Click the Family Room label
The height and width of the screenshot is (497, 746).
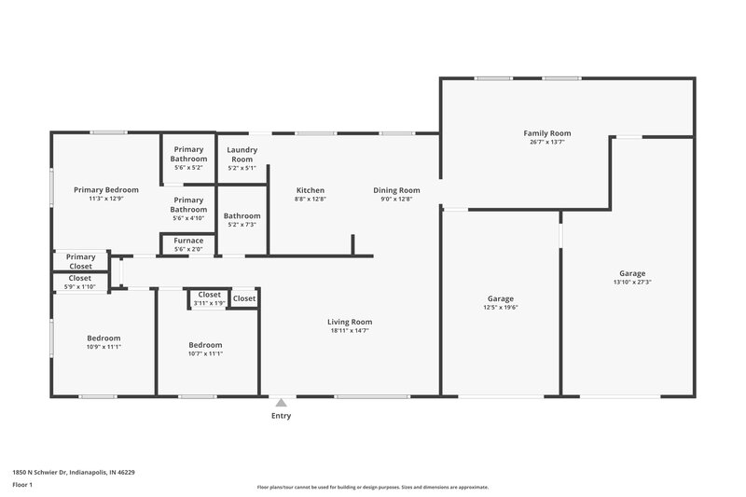(546, 133)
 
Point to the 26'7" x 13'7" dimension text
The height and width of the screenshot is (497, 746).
(546, 142)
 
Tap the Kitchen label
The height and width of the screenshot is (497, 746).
(311, 190)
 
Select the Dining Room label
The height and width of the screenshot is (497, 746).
(396, 190)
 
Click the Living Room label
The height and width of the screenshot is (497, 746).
(351, 322)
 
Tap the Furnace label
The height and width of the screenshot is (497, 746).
(188, 241)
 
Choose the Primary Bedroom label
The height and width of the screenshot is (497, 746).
(106, 190)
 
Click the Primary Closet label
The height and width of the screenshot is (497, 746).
(80, 261)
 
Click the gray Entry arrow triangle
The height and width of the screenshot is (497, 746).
(281, 403)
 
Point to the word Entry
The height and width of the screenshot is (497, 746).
(281, 416)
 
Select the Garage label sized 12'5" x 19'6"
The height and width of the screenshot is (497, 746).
(501, 298)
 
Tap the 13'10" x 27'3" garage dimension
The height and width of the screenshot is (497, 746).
(631, 282)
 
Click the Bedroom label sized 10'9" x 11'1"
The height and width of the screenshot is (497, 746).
(104, 338)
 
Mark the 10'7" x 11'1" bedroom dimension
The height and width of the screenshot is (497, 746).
(205, 353)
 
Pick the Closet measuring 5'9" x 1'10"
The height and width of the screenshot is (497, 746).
(80, 278)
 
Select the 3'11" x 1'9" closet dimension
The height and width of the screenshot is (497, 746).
(209, 303)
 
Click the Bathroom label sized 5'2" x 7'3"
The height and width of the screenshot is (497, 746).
(242, 215)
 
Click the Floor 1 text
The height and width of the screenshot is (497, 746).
(22, 486)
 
